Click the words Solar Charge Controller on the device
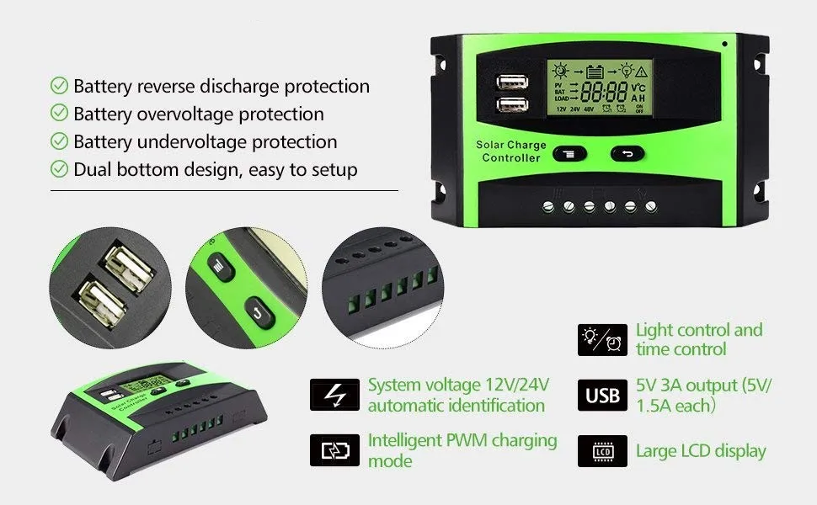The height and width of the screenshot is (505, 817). [511, 151]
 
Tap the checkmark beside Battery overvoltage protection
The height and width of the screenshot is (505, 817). [59, 113]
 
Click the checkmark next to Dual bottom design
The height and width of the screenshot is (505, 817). [59, 168]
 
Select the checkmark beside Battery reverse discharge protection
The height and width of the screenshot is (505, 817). [59, 85]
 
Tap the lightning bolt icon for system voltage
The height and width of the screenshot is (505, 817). [335, 394]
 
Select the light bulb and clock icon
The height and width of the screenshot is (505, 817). [602, 338]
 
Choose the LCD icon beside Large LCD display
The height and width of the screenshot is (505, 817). [602, 451]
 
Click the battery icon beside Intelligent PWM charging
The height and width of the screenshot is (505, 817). [335, 450]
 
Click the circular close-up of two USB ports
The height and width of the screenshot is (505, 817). [111, 284]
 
